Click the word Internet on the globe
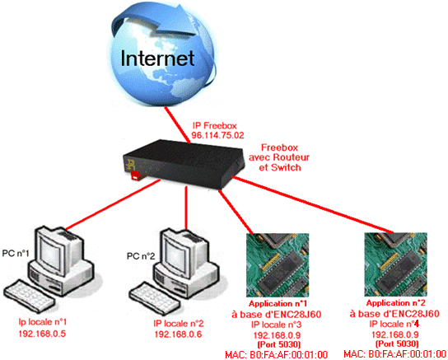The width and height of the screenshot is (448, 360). click(157, 58)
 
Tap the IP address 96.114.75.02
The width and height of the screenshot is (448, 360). click(217, 135)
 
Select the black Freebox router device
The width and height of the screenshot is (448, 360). click(184, 163)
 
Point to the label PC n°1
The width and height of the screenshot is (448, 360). click(16, 253)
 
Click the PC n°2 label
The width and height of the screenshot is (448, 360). click(141, 256)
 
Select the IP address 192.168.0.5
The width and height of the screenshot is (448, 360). click(42, 333)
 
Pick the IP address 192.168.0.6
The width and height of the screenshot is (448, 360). click(178, 334)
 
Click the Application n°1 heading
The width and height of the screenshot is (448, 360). click(278, 303)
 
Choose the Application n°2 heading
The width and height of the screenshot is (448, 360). click(396, 303)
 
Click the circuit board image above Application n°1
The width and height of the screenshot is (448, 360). click(278, 265)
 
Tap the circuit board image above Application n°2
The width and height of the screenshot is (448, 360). click(396, 264)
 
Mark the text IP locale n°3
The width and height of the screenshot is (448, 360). click(277, 325)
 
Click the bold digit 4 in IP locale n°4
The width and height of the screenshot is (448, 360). click(417, 324)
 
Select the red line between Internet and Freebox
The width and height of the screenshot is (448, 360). click(177, 124)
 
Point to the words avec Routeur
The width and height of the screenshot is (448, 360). click(279, 157)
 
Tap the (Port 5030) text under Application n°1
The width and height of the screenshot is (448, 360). click(279, 344)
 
